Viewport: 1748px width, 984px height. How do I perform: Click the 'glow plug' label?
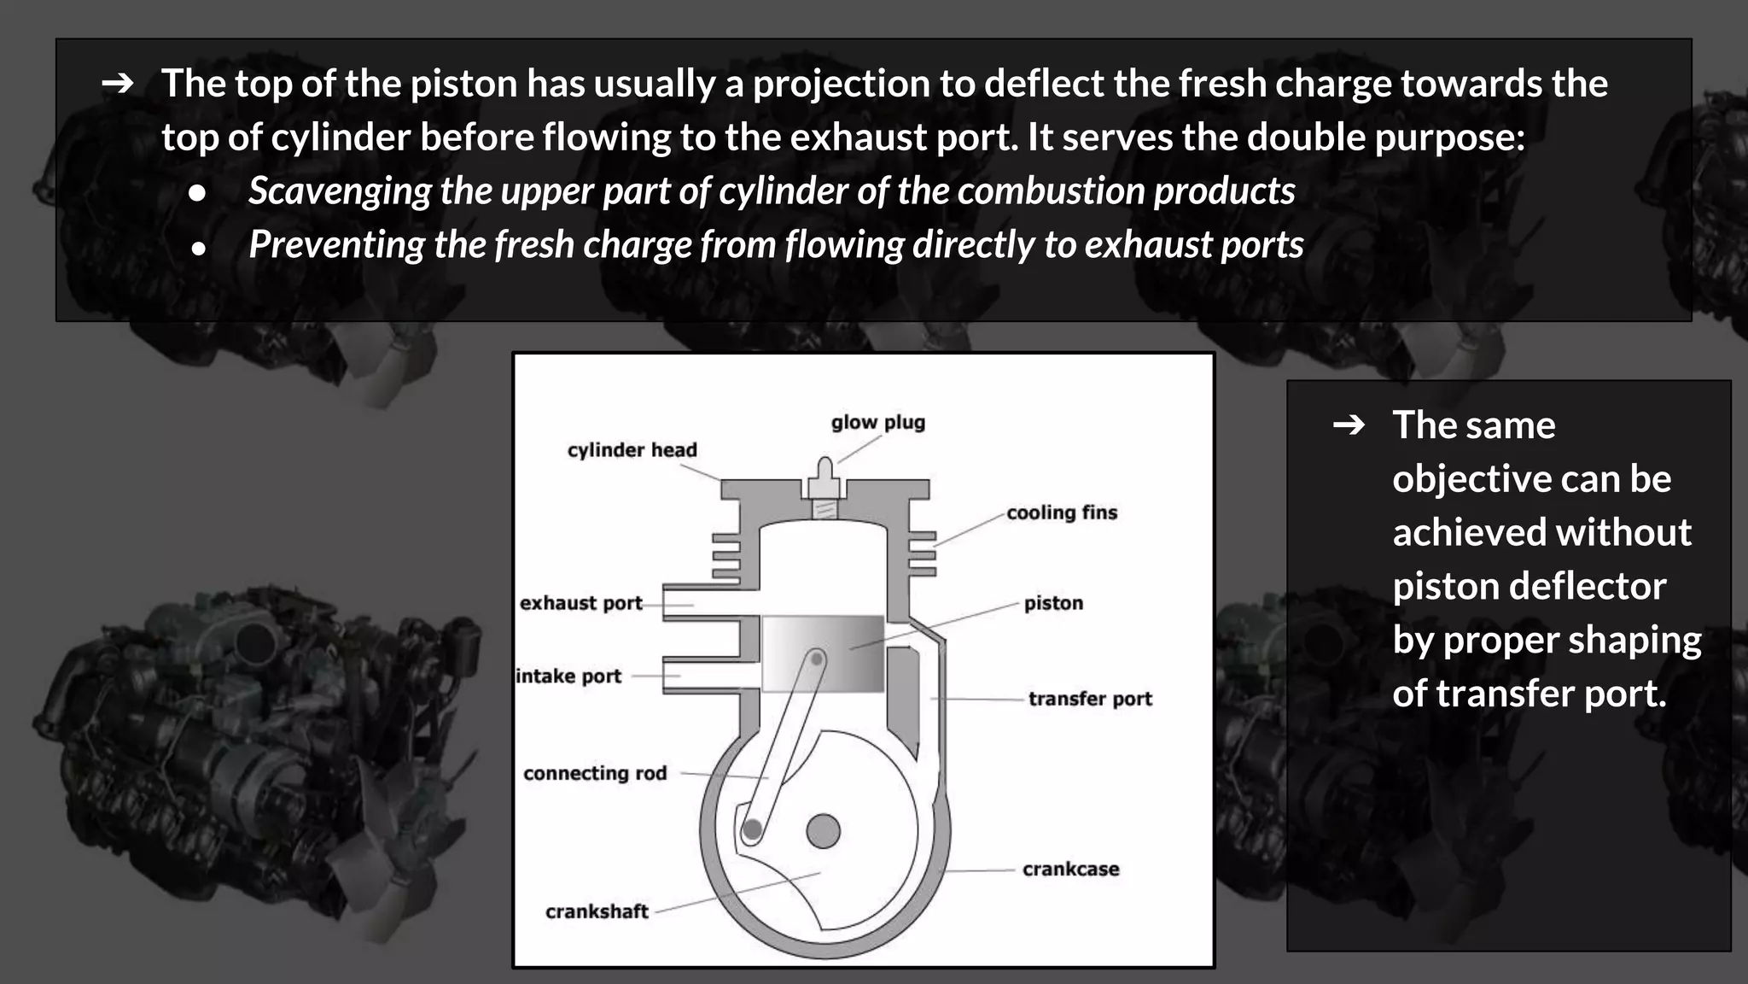tap(877, 423)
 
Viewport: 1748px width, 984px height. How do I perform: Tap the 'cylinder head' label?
tap(632, 450)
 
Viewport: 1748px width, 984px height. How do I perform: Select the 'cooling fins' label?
tap(1061, 512)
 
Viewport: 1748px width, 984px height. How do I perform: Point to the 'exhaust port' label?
tap(580, 603)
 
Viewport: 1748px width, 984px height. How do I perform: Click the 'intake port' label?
tap(569, 676)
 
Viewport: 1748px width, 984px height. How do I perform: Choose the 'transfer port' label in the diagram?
tap(1090, 699)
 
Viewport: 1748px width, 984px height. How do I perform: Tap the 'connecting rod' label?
tap(594, 773)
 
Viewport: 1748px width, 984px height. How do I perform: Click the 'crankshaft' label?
tap(597, 911)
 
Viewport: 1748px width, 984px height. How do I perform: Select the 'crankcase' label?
tap(1070, 870)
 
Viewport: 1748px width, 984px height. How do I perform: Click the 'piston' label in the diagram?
tap(1053, 603)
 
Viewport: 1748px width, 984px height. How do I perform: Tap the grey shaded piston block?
tap(823, 653)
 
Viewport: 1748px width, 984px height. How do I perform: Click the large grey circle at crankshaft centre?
tap(823, 830)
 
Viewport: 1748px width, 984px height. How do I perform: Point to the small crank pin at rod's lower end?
tap(752, 829)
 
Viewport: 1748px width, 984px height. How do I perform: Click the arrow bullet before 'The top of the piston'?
tap(118, 84)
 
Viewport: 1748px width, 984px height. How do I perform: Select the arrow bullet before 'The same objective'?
tap(1349, 425)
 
